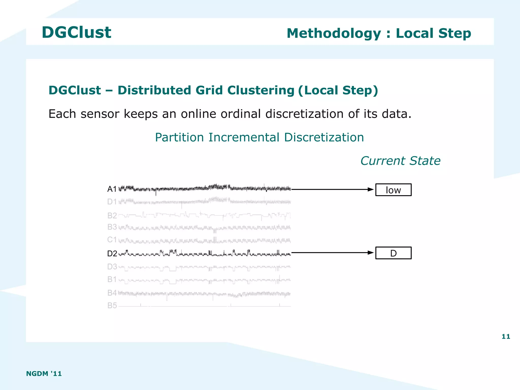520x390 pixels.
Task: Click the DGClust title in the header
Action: point(76,33)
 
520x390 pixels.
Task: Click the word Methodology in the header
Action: point(334,34)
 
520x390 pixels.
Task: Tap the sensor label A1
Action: point(112,189)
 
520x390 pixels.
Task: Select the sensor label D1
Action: point(112,202)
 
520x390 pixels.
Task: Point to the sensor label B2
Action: point(112,216)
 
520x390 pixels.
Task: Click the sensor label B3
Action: point(112,227)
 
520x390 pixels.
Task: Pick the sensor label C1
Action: point(112,240)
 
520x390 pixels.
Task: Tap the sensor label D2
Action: point(112,254)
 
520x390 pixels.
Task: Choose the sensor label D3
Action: point(112,267)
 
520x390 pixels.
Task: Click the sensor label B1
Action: point(112,279)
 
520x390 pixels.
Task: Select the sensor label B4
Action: point(112,293)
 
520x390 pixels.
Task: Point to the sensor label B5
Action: point(112,306)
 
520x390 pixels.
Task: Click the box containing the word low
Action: point(393,190)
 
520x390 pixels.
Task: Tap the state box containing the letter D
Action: point(393,253)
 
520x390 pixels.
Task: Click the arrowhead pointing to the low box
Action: point(371,189)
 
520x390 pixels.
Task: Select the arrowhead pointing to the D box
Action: point(371,253)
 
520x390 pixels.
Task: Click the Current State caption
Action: point(400,161)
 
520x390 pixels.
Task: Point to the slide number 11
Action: point(506,337)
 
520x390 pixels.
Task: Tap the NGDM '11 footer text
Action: point(44,374)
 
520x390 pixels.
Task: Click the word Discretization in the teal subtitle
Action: point(324,137)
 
